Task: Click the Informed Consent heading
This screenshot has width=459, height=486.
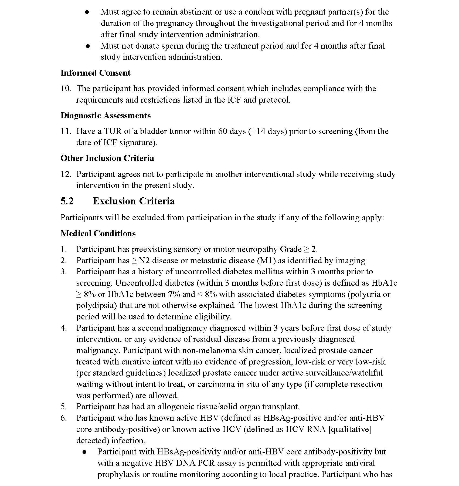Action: coord(95,73)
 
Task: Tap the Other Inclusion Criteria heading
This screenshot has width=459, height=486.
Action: coord(107,158)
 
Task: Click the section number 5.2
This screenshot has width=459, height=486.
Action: coord(67,201)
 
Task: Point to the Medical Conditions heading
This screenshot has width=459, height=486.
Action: coord(98,234)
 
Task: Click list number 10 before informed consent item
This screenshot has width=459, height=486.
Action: coord(66,89)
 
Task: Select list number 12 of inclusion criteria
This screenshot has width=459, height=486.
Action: coord(66,174)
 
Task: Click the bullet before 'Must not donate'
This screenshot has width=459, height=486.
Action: coord(87,46)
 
